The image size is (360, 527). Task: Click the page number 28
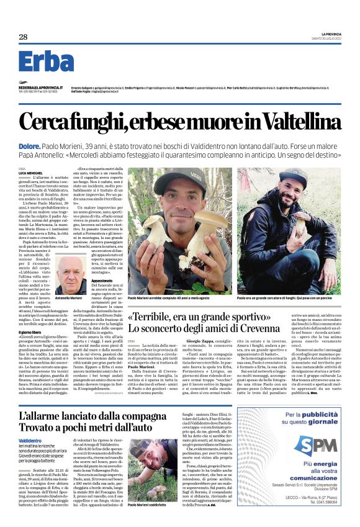[x=24, y=37]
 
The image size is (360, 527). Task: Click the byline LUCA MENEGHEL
[x=31, y=173]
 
